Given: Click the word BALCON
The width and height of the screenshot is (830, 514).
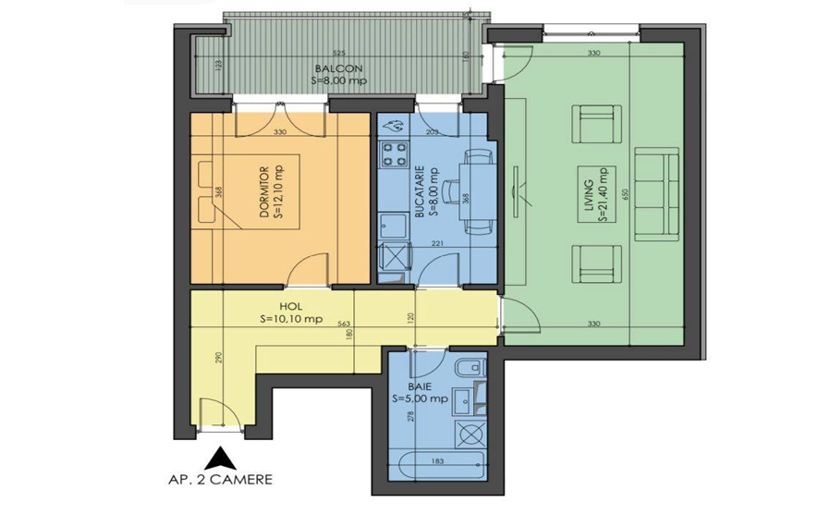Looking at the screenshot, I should pyautogui.click(x=331, y=68).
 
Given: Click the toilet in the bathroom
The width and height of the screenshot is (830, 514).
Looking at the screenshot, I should pyautogui.click(x=475, y=370).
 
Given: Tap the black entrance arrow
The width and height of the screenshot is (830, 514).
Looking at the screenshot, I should pyautogui.click(x=222, y=458).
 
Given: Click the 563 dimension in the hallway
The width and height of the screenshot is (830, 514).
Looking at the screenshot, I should pyautogui.click(x=343, y=325).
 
